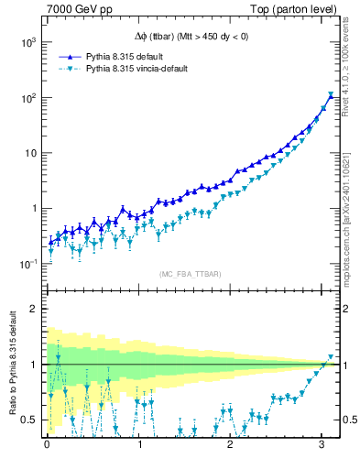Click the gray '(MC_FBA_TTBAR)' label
[188, 274]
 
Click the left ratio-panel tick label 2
[33, 309]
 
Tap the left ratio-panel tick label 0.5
[29, 420]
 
